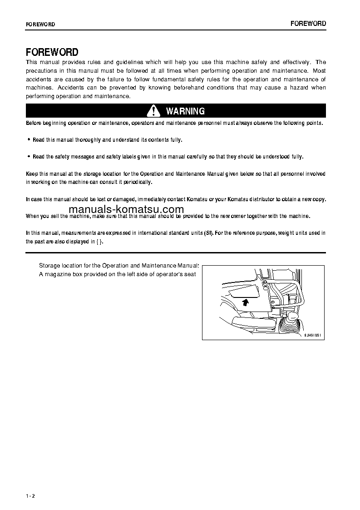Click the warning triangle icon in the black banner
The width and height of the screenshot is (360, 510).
click(x=154, y=111)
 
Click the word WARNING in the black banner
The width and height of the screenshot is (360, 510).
click(x=185, y=111)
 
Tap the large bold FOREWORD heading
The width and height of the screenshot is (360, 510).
click(x=52, y=52)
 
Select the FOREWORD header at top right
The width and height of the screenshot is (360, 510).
click(x=308, y=24)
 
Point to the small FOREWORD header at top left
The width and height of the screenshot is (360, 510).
click(x=40, y=25)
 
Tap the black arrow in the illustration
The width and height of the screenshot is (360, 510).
click(x=245, y=301)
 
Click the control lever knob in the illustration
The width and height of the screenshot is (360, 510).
click(x=292, y=316)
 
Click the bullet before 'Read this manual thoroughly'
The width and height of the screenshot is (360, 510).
click(x=29, y=140)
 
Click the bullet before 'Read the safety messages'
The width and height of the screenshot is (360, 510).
click(x=29, y=157)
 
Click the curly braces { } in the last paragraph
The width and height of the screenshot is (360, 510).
click(x=99, y=242)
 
